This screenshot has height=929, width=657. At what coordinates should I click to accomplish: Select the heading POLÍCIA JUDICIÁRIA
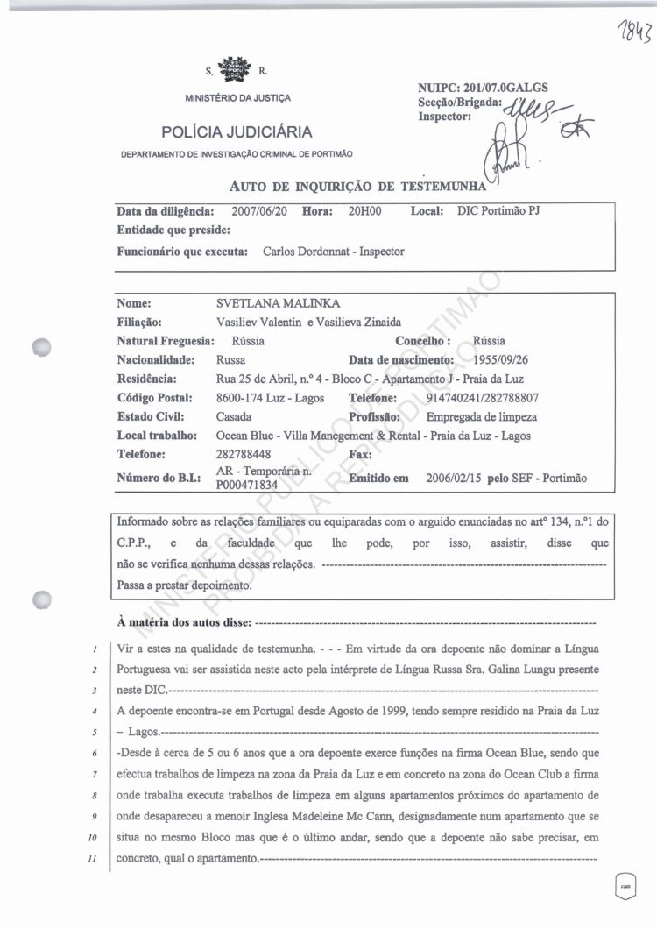click(x=237, y=132)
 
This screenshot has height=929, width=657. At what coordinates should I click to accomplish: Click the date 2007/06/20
click(x=261, y=211)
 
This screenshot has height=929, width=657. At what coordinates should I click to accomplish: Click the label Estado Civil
click(x=150, y=417)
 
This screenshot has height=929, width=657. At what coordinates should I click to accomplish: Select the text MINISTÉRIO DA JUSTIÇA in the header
click(x=238, y=97)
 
